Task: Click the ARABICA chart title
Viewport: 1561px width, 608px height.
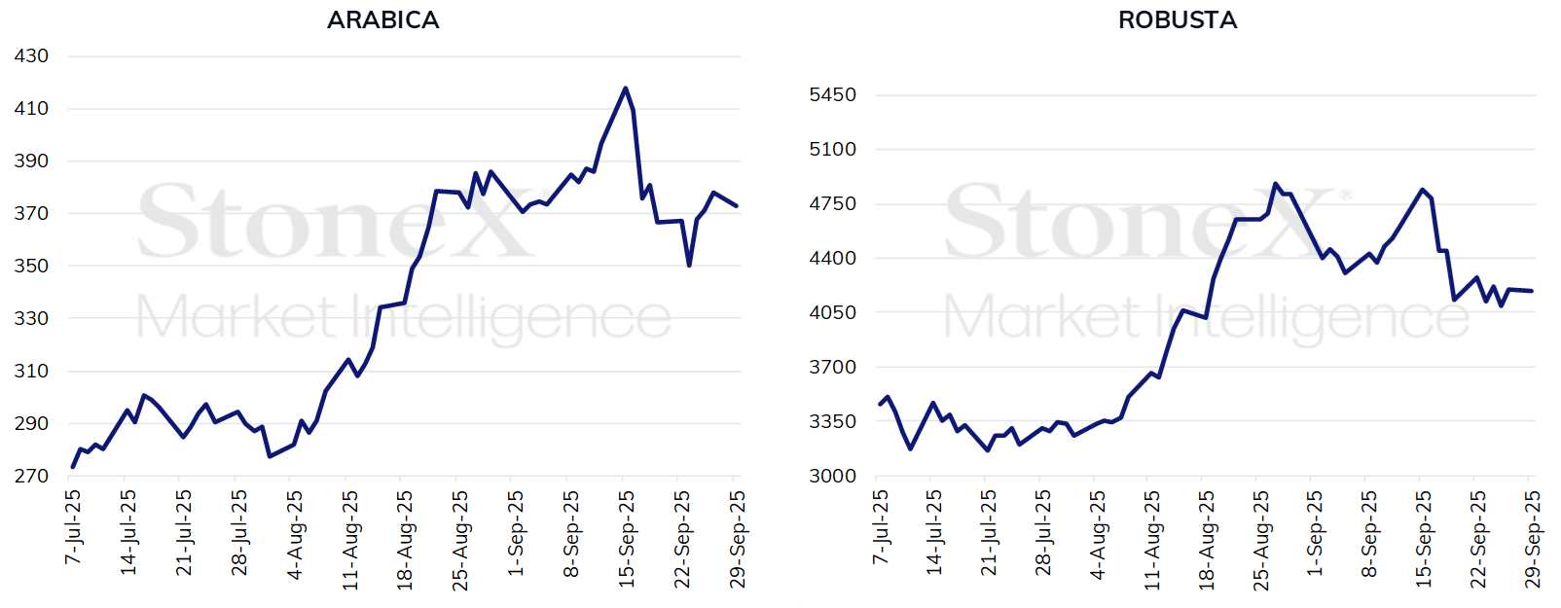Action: [382, 19]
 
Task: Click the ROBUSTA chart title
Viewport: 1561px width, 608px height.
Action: [1177, 19]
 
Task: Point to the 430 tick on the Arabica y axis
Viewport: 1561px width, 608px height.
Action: [31, 56]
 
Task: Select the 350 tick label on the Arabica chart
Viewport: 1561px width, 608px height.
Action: [31, 266]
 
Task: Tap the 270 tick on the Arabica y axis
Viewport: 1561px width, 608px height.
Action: [31, 476]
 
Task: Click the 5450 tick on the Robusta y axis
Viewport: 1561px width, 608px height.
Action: [832, 95]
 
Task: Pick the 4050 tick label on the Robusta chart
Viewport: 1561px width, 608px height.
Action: [832, 313]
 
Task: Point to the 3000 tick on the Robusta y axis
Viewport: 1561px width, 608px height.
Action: [832, 476]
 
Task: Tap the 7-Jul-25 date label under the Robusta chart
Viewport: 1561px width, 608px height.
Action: [881, 527]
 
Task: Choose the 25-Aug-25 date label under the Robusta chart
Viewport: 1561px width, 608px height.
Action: [1260, 540]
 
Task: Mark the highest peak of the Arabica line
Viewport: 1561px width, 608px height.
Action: [625, 89]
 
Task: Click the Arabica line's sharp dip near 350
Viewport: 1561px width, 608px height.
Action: [689, 265]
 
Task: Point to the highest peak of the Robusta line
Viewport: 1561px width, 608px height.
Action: [1275, 184]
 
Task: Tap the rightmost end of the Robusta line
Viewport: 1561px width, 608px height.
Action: [1532, 291]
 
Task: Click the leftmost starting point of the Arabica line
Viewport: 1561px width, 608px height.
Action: [73, 467]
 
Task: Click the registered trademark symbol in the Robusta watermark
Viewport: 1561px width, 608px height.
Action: [1346, 196]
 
